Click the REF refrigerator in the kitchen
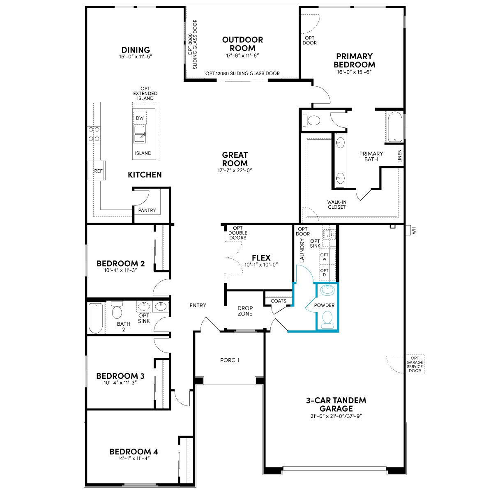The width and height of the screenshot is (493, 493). [x=96, y=170]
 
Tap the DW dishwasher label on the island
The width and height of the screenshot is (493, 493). [x=139, y=118]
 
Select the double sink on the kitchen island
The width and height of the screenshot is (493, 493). [x=140, y=134]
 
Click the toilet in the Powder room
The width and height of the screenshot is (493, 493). [x=327, y=320]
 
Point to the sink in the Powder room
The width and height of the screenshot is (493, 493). [x=327, y=290]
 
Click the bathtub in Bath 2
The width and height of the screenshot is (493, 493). [x=96, y=318]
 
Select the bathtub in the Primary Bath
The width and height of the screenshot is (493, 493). [x=395, y=127]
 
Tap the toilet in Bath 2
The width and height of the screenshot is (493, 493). [x=117, y=310]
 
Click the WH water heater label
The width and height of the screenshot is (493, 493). [x=414, y=230]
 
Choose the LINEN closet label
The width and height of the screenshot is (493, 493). [x=400, y=156]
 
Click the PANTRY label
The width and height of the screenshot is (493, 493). [x=147, y=210]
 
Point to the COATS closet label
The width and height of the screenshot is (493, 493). [x=279, y=301]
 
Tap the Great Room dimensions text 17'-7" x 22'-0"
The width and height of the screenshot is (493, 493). [x=235, y=170]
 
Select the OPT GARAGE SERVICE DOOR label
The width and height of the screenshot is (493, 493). [x=415, y=364]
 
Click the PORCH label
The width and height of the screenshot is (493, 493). [x=230, y=360]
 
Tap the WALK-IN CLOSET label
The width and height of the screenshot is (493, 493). [x=337, y=205]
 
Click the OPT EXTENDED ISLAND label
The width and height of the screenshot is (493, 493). [x=145, y=93]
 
